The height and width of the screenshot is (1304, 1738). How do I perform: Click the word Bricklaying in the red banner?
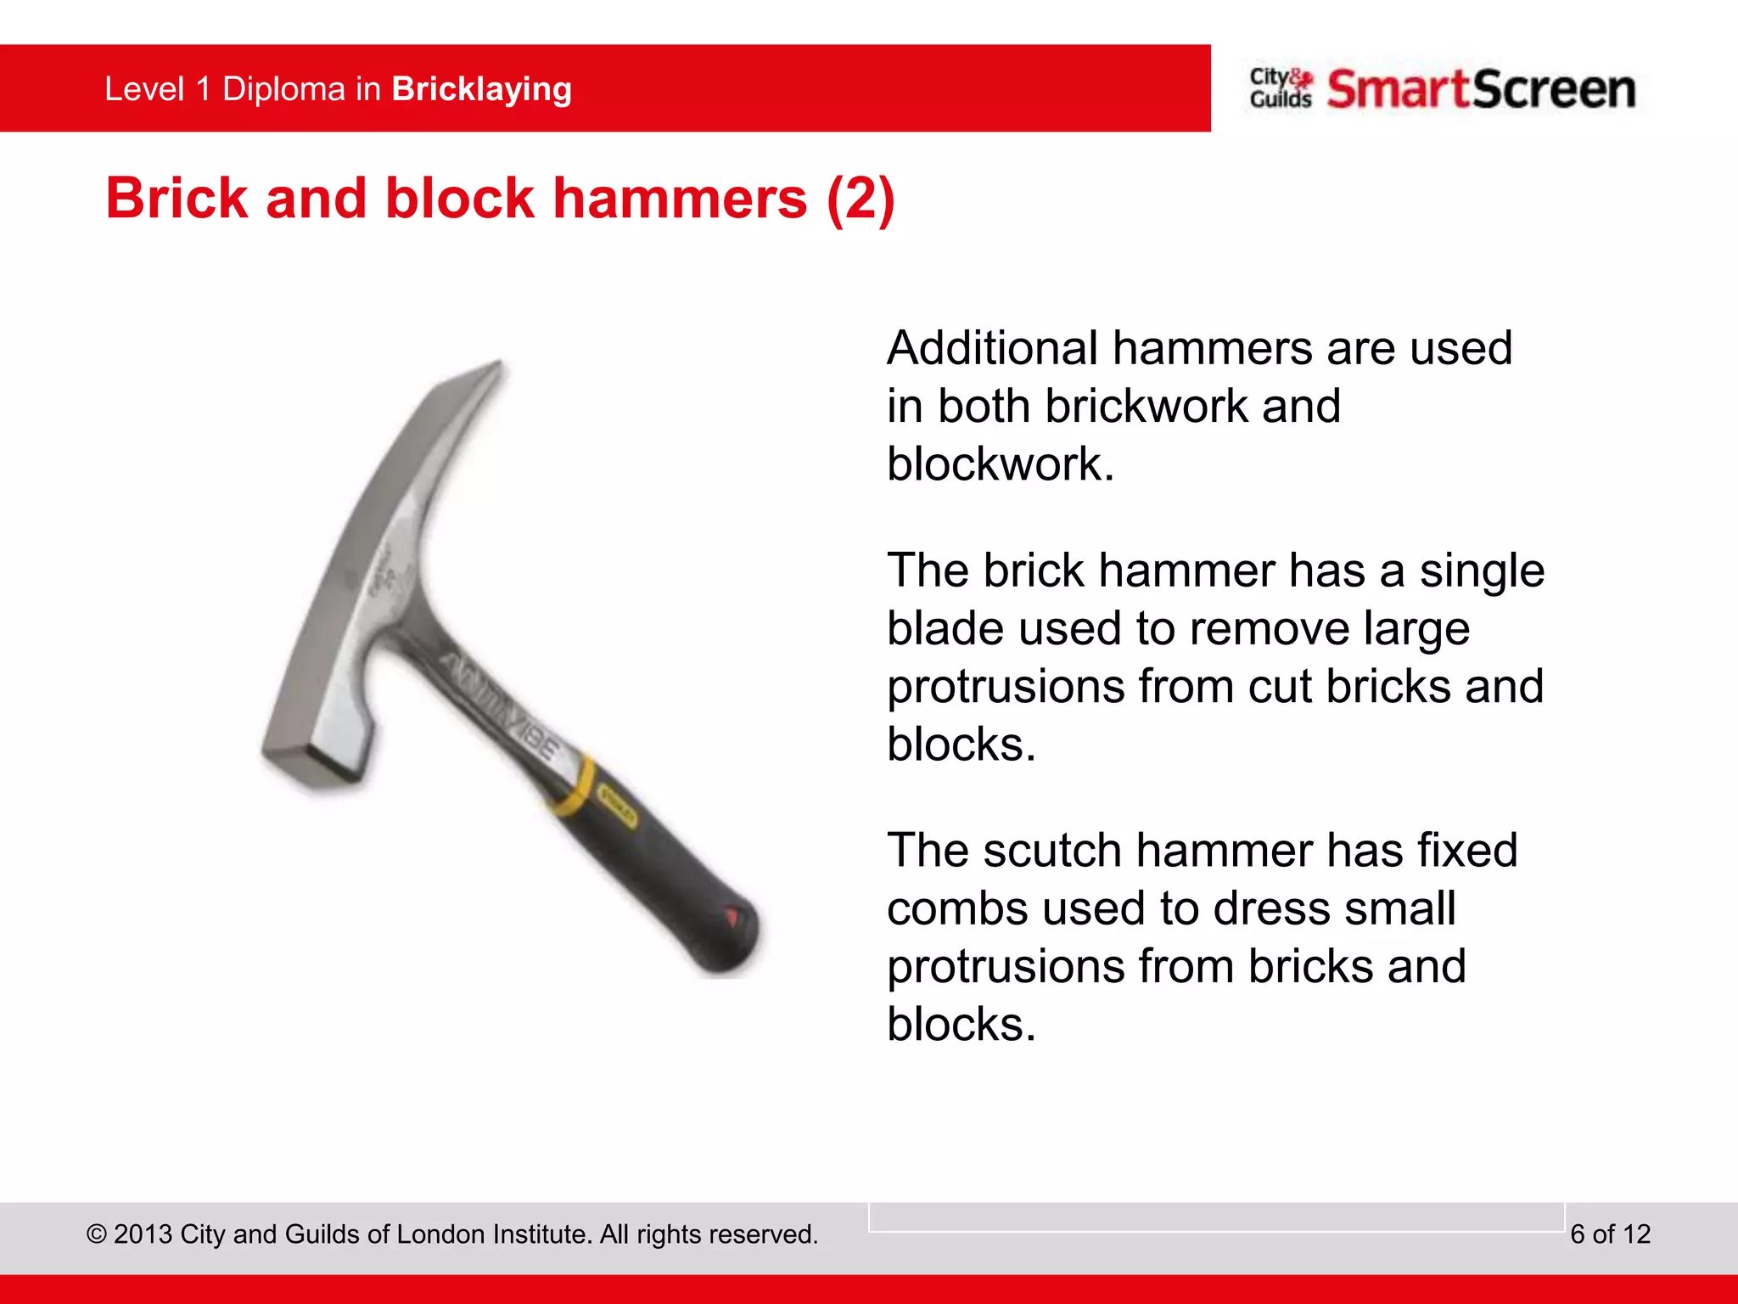pos(481,89)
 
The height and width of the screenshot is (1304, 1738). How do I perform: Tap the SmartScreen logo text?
pos(1481,89)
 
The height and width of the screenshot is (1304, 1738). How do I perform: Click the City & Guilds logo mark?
pos(1281,88)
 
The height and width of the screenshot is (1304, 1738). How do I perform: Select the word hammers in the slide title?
pos(680,198)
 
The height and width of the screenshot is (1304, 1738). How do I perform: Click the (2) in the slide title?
pos(861,198)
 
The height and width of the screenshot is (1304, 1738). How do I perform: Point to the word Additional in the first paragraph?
pos(992,348)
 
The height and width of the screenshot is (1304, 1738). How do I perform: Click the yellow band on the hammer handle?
pos(575,785)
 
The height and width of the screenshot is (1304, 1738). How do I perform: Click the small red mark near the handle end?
pos(731,916)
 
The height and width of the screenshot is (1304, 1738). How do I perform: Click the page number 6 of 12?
pos(1610,1234)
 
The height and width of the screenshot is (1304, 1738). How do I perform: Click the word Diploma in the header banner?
pos(283,89)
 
